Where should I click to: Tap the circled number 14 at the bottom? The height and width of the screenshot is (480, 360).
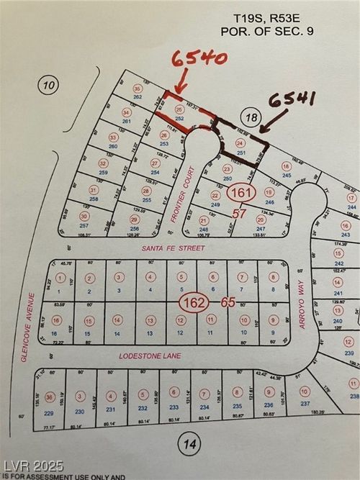(x=189, y=445)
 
